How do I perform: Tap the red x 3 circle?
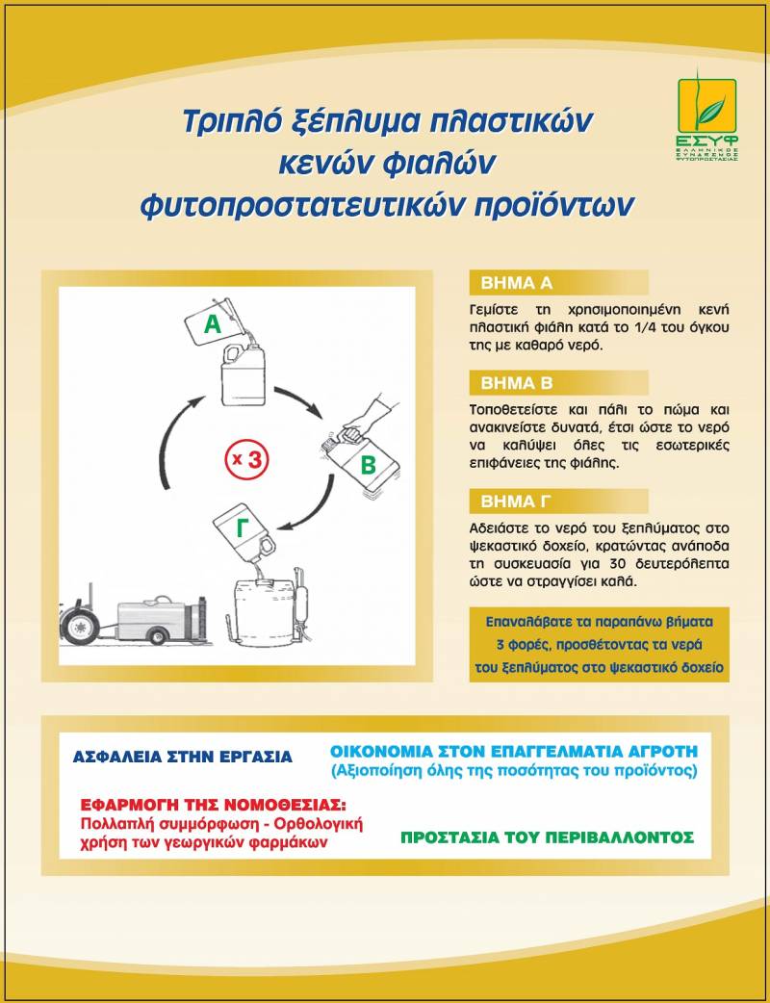pyautogui.click(x=246, y=459)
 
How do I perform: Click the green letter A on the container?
pyautogui.click(x=213, y=325)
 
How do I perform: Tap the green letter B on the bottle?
pyautogui.click(x=368, y=467)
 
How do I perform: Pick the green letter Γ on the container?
pyautogui.click(x=242, y=529)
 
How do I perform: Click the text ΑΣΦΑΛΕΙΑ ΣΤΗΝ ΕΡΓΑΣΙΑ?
pyautogui.click(x=183, y=757)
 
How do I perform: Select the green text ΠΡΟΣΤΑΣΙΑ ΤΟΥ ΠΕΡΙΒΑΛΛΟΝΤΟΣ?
pyautogui.click(x=547, y=836)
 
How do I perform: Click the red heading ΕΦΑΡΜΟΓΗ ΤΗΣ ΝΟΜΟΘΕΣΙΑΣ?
pyautogui.click(x=214, y=805)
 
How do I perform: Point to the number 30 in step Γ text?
pyautogui.click(x=607, y=564)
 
